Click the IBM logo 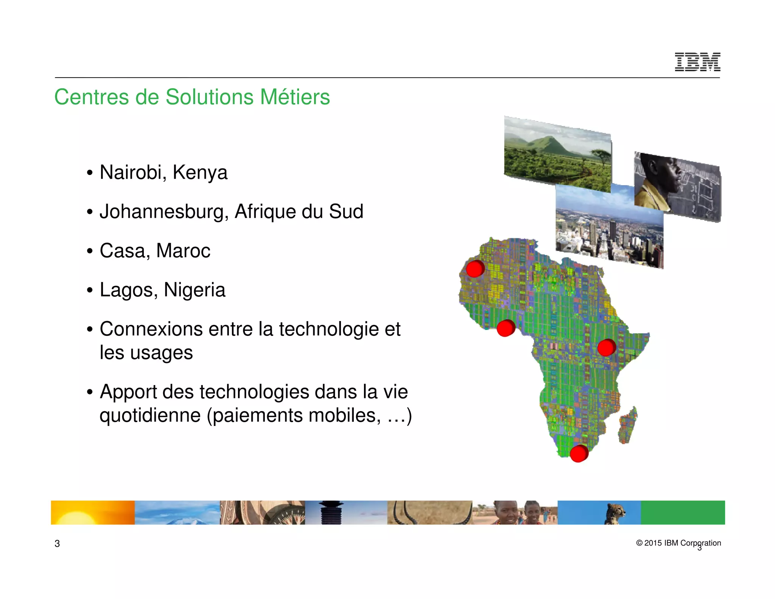tap(697, 62)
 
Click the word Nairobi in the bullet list tap(131, 173)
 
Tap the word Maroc tap(183, 251)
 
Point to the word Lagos tap(128, 290)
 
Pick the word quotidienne tap(150, 416)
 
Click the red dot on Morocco tap(475, 269)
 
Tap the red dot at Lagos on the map tap(505, 328)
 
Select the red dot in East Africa tap(606, 348)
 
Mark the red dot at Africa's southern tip tap(579, 453)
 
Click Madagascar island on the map tap(628, 425)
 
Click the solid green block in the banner tap(683, 512)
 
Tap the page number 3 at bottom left tap(57, 544)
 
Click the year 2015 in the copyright tap(653, 543)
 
